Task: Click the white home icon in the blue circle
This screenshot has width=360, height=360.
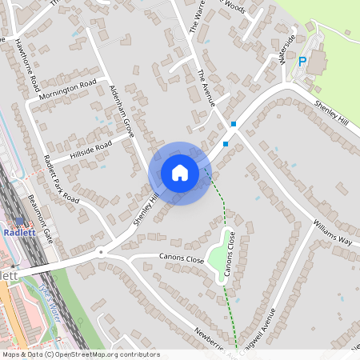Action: coord(180,173)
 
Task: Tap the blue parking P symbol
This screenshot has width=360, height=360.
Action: coord(302,62)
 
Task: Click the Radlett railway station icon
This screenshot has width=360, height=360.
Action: coord(18,223)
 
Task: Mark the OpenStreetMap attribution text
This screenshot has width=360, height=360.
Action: coord(80,354)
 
